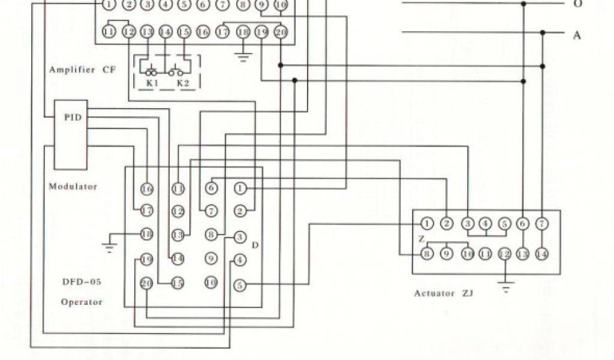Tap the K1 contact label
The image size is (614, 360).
[x=152, y=83]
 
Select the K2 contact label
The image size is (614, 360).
[x=182, y=83]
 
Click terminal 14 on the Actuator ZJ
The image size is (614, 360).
[x=542, y=253]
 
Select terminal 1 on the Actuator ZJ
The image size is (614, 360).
[x=427, y=224]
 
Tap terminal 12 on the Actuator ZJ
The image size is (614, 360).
[x=505, y=253]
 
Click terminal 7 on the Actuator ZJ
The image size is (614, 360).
[x=542, y=224]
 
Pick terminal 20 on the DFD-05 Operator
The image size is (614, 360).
[x=146, y=283]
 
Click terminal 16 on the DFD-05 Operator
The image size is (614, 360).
[x=147, y=189]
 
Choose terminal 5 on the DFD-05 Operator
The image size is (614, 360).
[x=240, y=286]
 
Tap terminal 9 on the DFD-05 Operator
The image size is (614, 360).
[x=210, y=259]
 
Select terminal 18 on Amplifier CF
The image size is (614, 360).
[x=243, y=32]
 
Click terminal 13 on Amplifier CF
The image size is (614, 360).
[x=147, y=32]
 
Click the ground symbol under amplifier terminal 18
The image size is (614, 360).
[x=243, y=58]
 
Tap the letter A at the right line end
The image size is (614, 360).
[x=577, y=35]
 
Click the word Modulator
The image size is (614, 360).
[x=73, y=187]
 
